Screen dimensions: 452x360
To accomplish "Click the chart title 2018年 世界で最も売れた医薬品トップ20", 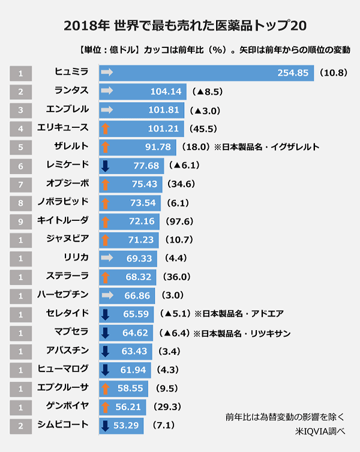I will [x=179, y=26].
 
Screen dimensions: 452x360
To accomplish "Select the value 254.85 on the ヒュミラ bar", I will [x=293, y=73].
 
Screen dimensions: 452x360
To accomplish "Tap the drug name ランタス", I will [x=71, y=91].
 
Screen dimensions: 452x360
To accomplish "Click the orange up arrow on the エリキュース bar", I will [x=105, y=128].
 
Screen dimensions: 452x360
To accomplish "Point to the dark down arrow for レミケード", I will [x=105, y=165].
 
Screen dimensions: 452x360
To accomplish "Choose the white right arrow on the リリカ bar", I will [x=107, y=258].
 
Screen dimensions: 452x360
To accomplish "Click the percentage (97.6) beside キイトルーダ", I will [x=179, y=221].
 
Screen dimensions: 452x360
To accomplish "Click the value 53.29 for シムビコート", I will [x=127, y=426].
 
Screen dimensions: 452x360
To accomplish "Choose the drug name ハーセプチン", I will [x=67, y=295].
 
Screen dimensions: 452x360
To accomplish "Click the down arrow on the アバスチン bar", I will [x=105, y=351].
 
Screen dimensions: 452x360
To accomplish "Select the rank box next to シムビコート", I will [x=21, y=426].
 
